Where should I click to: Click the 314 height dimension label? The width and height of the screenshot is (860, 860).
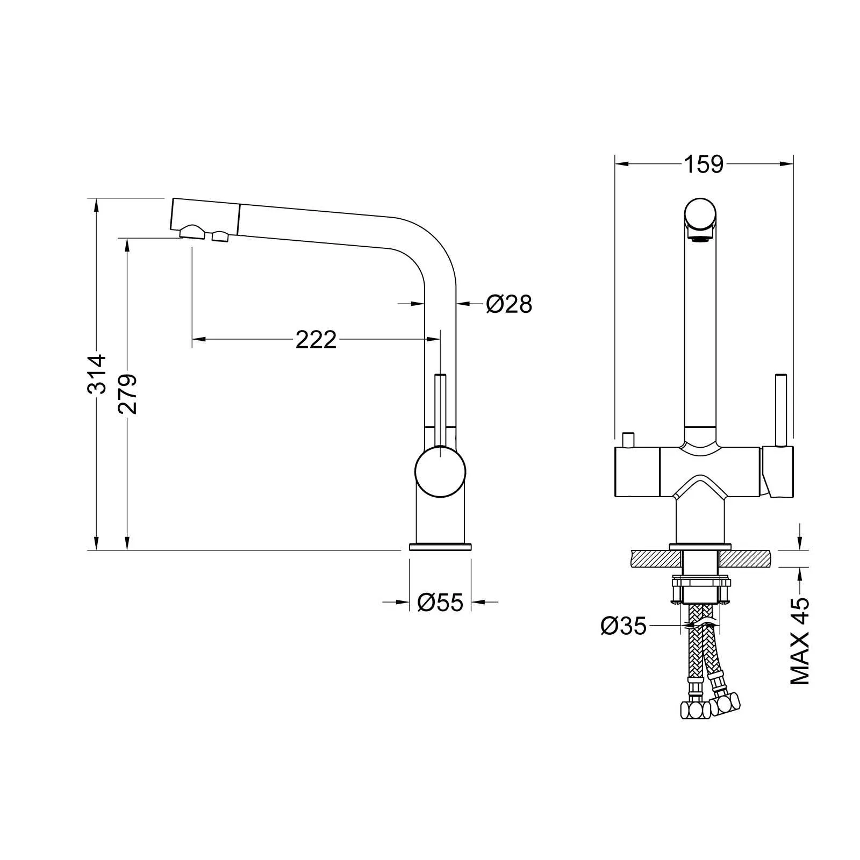tap(97, 374)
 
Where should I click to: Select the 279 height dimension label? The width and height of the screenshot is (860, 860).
tap(128, 394)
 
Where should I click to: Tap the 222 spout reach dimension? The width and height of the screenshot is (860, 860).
tap(316, 340)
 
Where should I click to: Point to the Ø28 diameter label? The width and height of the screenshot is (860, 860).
tap(508, 304)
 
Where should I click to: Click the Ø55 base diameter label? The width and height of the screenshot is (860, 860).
tap(440, 603)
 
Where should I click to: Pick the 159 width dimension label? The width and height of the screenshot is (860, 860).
tap(704, 164)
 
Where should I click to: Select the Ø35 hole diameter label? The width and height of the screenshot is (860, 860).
tap(623, 626)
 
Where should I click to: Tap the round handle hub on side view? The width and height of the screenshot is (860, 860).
tap(440, 472)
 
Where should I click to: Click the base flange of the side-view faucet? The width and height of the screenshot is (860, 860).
tap(440, 547)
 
